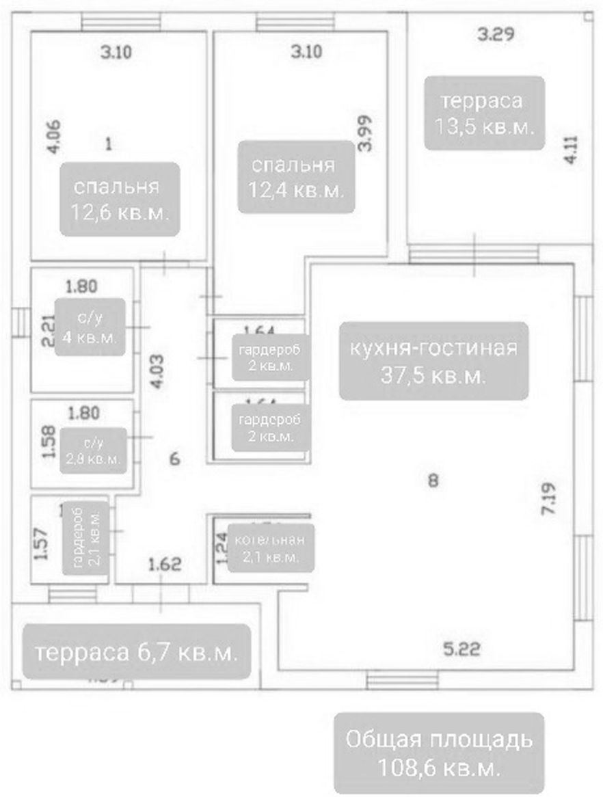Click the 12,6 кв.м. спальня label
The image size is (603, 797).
point(120,199)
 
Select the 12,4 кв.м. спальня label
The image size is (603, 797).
point(293,177)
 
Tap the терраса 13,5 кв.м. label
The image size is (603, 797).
point(483,113)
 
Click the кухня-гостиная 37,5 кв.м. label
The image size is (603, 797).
point(433,360)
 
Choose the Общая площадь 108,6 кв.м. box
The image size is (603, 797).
point(438,753)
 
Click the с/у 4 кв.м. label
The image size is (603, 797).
point(90,327)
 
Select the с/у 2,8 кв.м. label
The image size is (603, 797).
point(93,450)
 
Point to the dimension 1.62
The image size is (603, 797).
point(165,564)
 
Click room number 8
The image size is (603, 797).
point(432,481)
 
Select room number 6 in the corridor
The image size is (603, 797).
point(175,458)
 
